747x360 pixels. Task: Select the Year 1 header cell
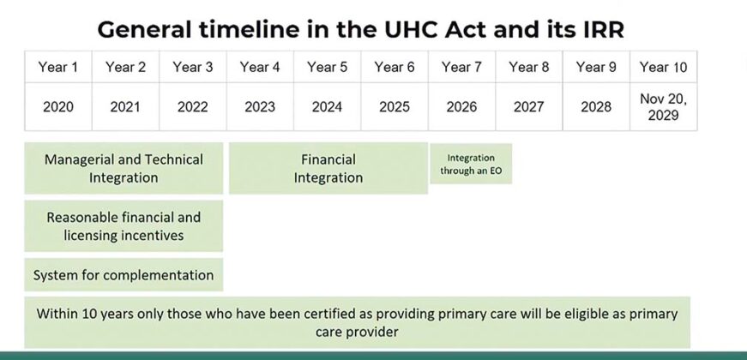click(58, 67)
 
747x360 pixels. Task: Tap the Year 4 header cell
click(260, 67)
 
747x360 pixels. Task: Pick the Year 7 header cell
click(461, 67)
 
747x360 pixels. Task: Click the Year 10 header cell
click(663, 67)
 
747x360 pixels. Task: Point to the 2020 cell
click(58, 107)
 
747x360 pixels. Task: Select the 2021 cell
click(125, 107)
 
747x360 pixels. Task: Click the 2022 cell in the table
click(193, 107)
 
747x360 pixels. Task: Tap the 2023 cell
click(260, 107)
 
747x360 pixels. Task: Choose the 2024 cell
click(327, 107)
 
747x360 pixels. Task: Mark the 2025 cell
click(395, 107)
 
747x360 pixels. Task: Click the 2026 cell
click(461, 107)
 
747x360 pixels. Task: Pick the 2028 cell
click(596, 107)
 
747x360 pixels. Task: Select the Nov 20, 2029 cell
click(663, 107)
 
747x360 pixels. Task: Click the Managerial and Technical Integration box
click(123, 168)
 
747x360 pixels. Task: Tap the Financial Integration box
click(328, 168)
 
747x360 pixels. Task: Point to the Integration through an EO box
click(470, 164)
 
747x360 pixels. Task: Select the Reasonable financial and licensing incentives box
click(123, 226)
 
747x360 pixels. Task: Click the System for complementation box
click(123, 275)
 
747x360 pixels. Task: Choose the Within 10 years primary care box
click(357, 322)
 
